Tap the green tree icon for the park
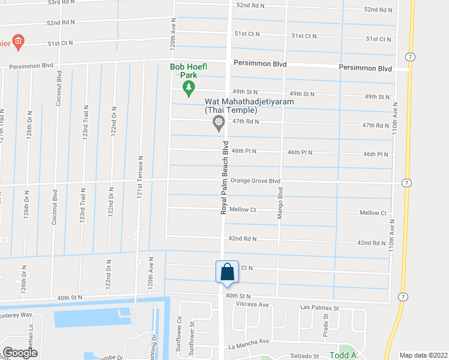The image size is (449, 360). coord(188,89)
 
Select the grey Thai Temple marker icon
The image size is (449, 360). coord(218,124)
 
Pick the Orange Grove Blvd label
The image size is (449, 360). coord(256,181)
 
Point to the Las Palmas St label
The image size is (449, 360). coord(319,308)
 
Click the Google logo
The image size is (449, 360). coord(20,353)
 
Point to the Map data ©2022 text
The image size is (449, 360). coord(423,355)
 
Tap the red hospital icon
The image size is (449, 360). coord(19,42)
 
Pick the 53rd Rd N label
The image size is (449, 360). coord(61,3)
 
